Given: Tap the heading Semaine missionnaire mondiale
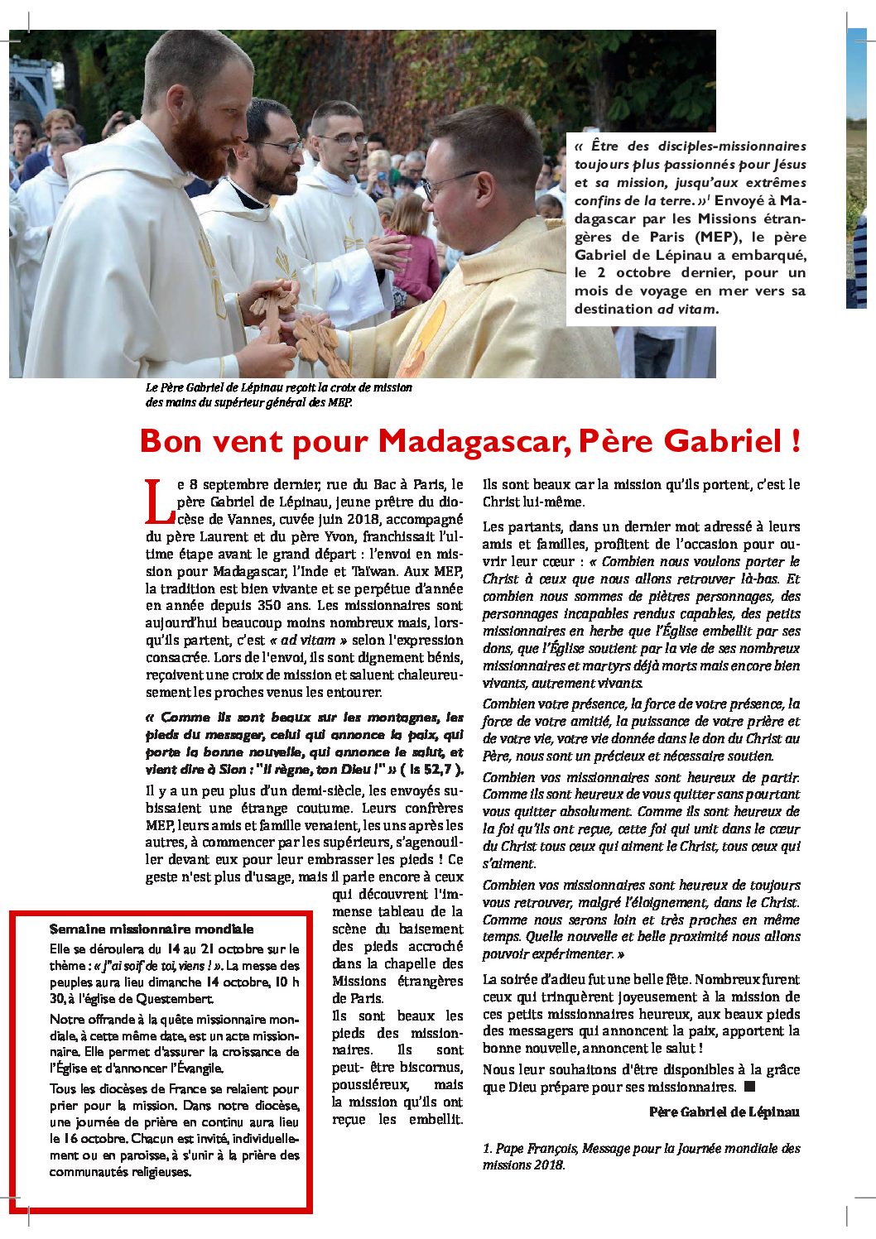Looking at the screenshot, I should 152,929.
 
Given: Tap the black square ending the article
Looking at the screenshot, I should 750,1086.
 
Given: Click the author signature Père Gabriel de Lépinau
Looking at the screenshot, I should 724,1112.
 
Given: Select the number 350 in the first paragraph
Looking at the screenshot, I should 276,606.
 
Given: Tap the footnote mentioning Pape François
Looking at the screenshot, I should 641,1156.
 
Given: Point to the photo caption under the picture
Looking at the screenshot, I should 278,395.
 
